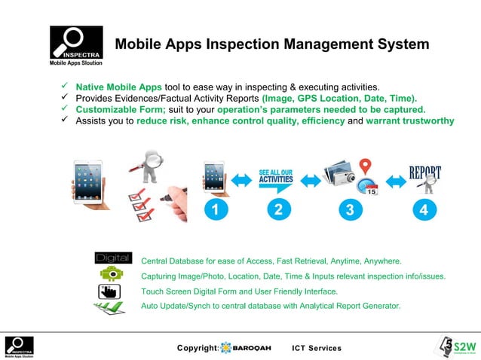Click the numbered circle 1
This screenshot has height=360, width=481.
click(x=217, y=211)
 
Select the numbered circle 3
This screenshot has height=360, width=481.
click(x=349, y=211)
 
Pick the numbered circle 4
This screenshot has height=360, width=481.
click(x=424, y=211)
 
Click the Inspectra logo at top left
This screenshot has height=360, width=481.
click(x=77, y=47)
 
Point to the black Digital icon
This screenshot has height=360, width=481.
click(x=112, y=258)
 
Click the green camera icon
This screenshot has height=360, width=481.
click(x=112, y=274)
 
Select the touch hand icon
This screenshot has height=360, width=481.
click(x=112, y=291)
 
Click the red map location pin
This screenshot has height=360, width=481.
click(x=366, y=165)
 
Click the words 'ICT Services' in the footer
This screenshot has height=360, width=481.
click(x=316, y=348)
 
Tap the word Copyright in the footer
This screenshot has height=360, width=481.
click(x=197, y=348)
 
